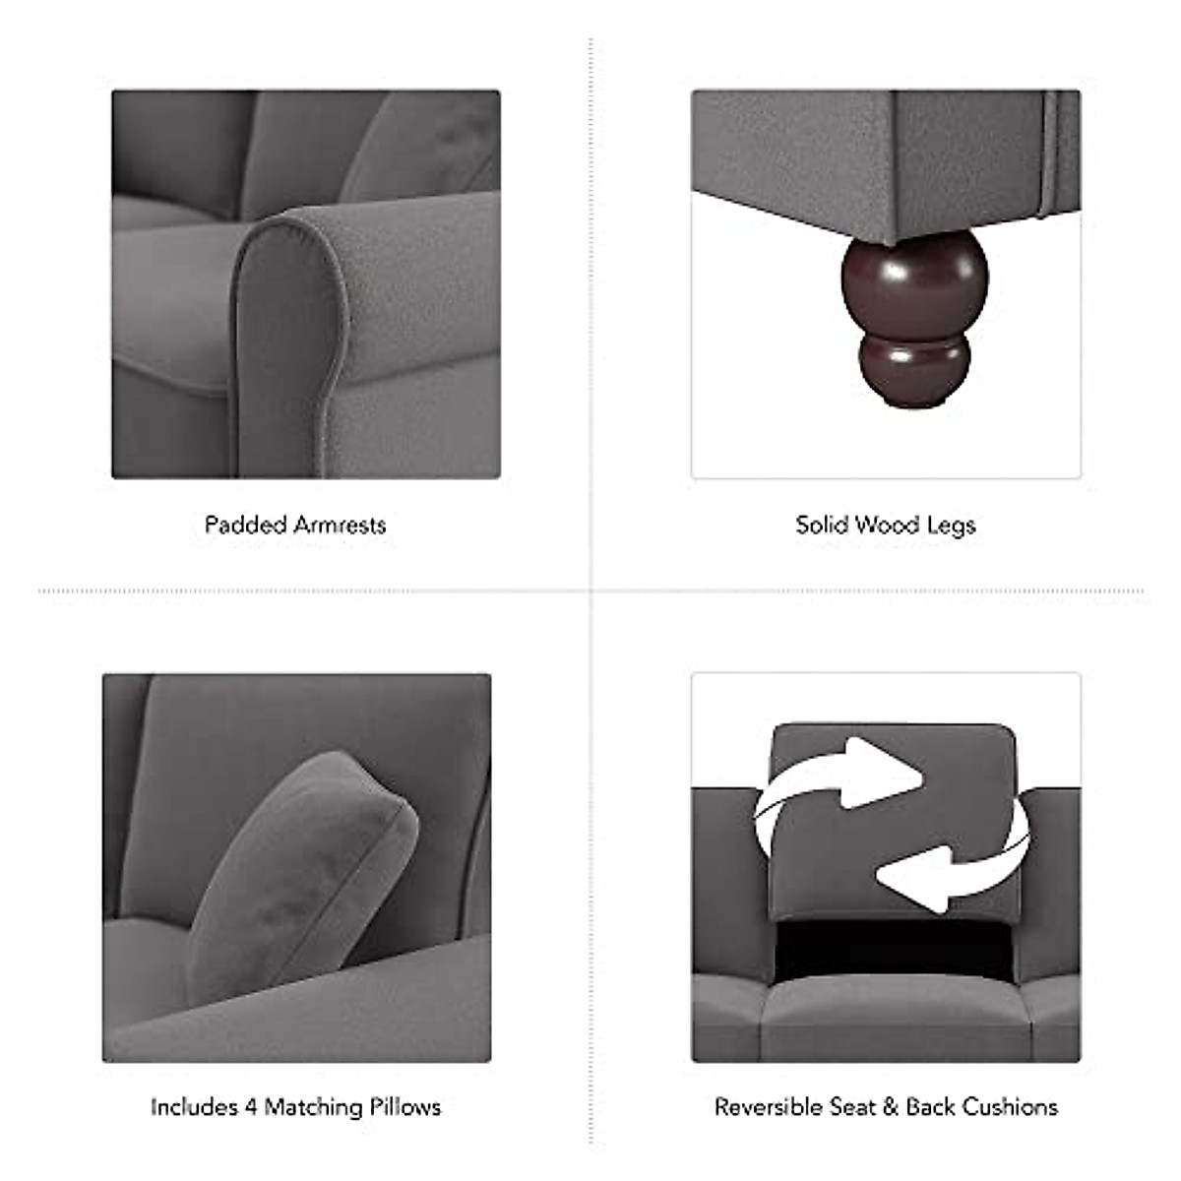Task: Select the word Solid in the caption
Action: point(822,525)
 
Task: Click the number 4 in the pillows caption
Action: point(251,1107)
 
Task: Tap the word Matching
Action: point(313,1108)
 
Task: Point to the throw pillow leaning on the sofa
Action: point(305,866)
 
